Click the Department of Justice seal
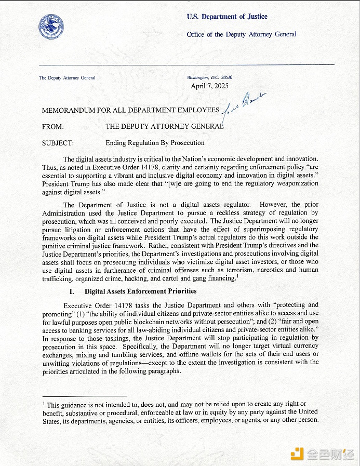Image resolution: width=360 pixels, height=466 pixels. pyautogui.click(x=51, y=26)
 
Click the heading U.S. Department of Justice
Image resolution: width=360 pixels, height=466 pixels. pyautogui.click(x=227, y=17)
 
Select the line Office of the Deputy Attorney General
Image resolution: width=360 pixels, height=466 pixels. pyautogui.click(x=242, y=34)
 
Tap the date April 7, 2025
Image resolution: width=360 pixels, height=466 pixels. pyautogui.click(x=209, y=86)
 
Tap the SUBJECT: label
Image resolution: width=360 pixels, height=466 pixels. pyautogui.click(x=58, y=143)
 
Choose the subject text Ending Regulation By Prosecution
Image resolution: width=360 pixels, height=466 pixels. pyautogui.click(x=155, y=143)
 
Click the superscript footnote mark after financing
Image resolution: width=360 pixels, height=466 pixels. pyautogui.click(x=237, y=276)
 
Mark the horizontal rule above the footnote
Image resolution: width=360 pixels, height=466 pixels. pyautogui.click(x=84, y=396)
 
